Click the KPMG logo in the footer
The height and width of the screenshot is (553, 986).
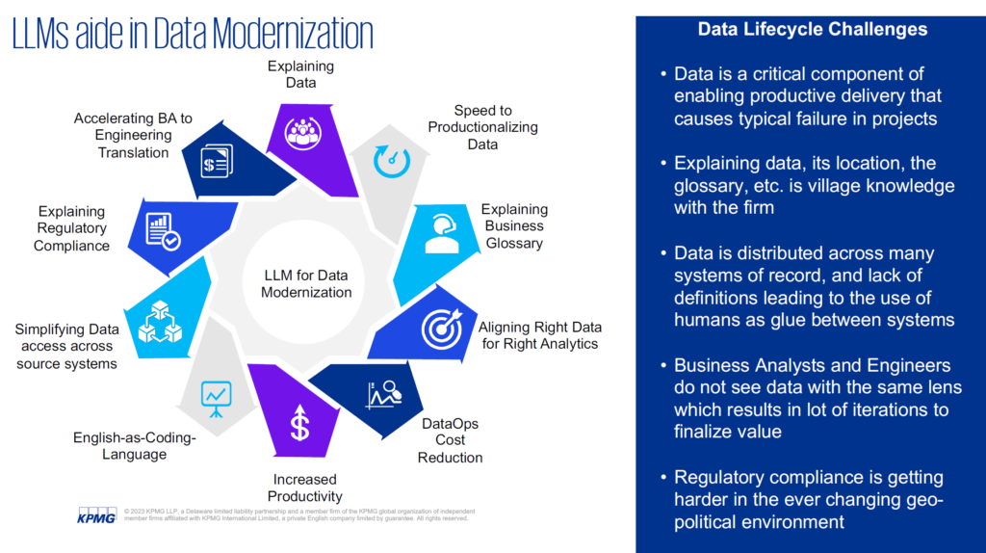[97, 514]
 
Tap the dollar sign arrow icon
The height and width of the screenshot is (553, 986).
[300, 422]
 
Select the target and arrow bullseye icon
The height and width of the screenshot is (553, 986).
[442, 328]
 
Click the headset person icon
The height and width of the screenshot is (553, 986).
[441, 233]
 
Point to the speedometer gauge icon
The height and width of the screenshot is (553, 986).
[392, 161]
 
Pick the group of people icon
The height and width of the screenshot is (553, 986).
[303, 133]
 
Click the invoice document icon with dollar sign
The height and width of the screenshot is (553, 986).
[217, 161]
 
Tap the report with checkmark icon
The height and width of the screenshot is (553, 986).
[162, 231]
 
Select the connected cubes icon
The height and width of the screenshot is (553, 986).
[161, 322]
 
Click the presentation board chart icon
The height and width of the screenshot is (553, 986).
[217, 399]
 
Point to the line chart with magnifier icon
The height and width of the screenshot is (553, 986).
[383, 395]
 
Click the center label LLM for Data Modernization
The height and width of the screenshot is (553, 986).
[306, 284]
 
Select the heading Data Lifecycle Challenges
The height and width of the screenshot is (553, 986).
[813, 29]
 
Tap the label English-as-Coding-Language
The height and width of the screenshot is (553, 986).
[135, 445]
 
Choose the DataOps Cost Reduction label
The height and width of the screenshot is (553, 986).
[451, 440]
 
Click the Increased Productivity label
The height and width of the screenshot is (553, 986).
[305, 487]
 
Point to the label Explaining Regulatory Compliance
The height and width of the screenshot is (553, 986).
[71, 228]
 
